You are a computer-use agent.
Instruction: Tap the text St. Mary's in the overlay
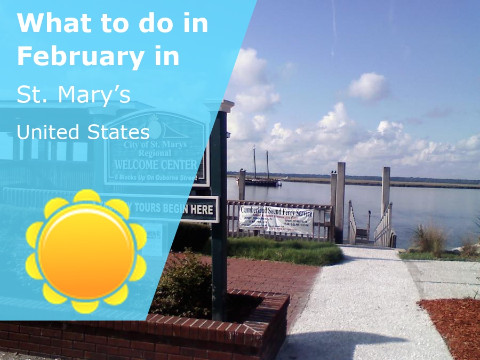pos(74,94)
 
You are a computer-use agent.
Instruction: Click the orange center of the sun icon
pos(86,251)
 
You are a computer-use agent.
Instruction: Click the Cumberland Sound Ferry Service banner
pos(276,219)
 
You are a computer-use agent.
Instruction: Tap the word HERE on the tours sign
pos(202,210)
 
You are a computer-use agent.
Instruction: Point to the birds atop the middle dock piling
pos(333,172)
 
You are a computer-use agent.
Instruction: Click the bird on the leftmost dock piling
pos(242,170)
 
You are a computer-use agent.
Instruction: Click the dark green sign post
pos(218,256)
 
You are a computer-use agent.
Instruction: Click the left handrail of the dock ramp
pos(352,221)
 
